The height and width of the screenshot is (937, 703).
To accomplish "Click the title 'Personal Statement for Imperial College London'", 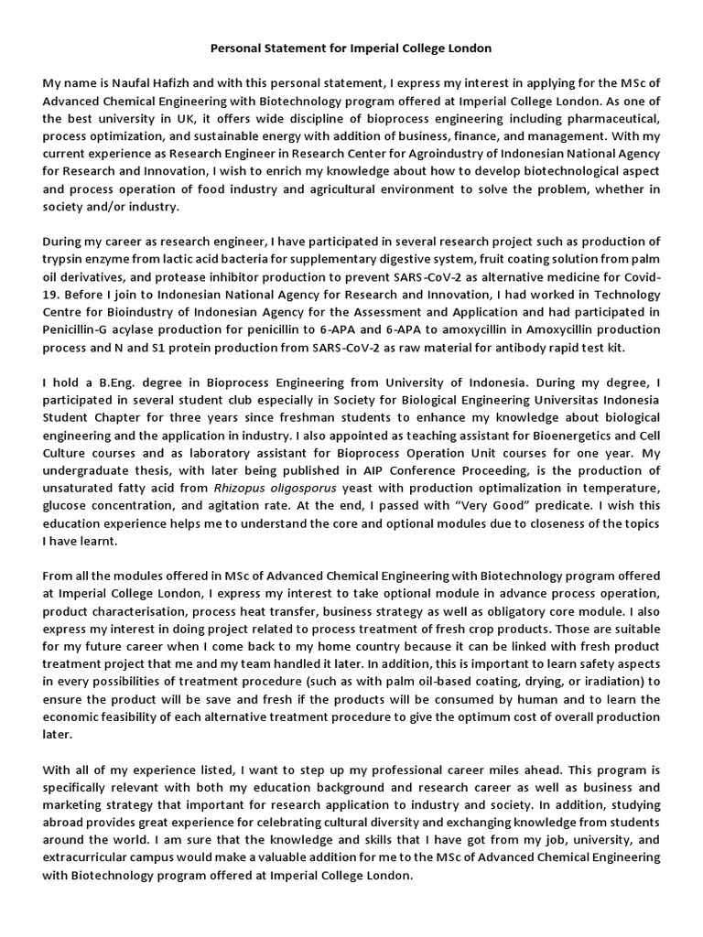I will (351, 47).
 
